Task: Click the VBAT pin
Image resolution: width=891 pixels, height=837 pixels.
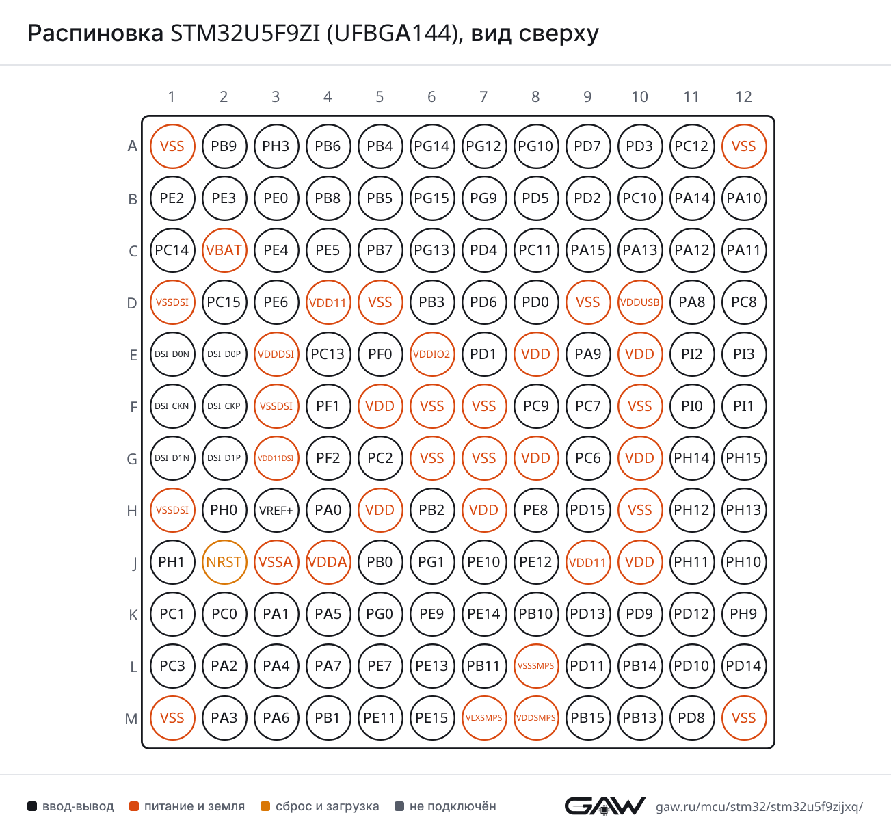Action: point(224,250)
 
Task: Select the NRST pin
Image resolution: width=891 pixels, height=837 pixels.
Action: point(224,562)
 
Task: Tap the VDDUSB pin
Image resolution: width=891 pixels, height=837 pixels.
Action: point(640,302)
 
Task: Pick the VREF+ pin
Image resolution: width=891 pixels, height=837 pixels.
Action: point(276,510)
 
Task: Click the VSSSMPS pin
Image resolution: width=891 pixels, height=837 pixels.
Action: point(535,665)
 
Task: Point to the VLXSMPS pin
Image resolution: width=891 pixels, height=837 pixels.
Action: point(483,717)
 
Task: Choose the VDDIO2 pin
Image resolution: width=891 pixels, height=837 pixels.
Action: point(431,354)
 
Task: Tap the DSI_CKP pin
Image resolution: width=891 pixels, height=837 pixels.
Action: point(224,406)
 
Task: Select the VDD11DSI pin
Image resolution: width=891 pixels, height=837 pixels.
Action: point(276,457)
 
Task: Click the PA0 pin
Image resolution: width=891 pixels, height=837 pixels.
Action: point(328,510)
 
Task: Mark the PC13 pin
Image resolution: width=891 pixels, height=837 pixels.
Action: point(328,354)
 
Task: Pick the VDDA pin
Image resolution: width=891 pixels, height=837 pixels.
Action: point(328,562)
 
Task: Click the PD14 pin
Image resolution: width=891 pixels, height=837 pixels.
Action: point(744,665)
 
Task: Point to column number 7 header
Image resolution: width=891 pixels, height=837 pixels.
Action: point(483,96)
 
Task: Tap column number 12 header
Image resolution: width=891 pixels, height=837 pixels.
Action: point(744,96)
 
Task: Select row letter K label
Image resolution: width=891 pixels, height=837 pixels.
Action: point(133,614)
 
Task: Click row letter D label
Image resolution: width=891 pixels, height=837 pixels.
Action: point(132,303)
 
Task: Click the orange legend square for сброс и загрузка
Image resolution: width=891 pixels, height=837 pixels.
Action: point(265,806)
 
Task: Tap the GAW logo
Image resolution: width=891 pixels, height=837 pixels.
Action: point(604,806)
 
